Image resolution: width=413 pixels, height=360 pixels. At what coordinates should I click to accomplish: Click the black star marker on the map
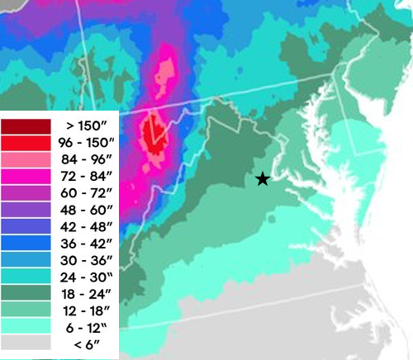pos(262,178)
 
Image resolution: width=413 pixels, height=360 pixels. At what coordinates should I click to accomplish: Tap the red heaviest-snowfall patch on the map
pos(152,132)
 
